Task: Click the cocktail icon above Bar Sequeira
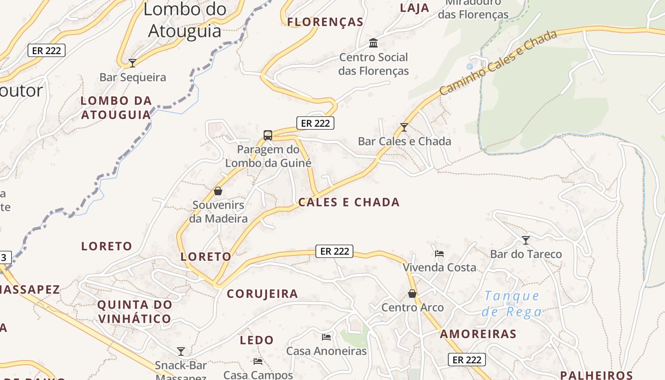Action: click(133, 63)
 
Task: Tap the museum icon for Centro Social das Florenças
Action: click(373, 43)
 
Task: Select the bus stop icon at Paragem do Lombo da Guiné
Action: click(268, 135)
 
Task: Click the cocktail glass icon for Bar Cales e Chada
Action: click(404, 127)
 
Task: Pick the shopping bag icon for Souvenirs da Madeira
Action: click(218, 191)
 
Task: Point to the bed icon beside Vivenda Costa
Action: click(439, 253)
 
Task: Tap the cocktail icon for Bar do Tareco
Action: click(526, 240)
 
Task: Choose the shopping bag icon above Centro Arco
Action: click(412, 294)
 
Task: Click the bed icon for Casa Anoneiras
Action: click(326, 337)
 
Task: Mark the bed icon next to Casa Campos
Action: click(258, 361)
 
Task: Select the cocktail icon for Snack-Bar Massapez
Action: click(181, 351)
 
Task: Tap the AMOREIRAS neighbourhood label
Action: click(478, 334)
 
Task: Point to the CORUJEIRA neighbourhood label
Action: click(262, 294)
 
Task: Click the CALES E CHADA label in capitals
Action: click(349, 202)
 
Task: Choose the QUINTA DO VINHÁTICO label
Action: click(134, 312)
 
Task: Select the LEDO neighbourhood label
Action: click(256, 340)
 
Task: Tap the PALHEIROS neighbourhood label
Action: click(596, 375)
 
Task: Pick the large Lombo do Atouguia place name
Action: click(185, 20)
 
